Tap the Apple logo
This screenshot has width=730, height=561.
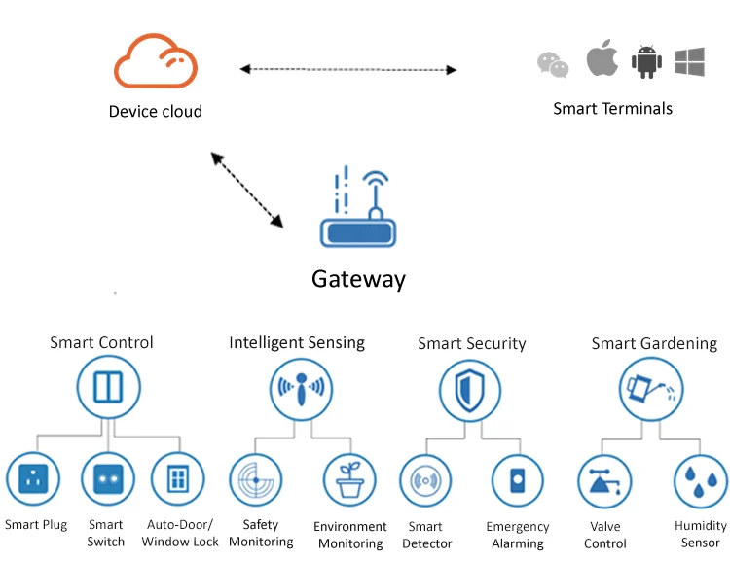[602, 59]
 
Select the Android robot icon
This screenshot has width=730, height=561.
[646, 61]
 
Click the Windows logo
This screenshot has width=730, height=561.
[689, 61]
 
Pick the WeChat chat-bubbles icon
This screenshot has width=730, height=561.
[553, 64]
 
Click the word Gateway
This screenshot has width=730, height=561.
[358, 279]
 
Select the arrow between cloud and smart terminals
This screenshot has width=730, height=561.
[348, 69]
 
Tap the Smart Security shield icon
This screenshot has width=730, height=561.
[470, 390]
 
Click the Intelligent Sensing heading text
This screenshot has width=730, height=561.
[297, 342]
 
